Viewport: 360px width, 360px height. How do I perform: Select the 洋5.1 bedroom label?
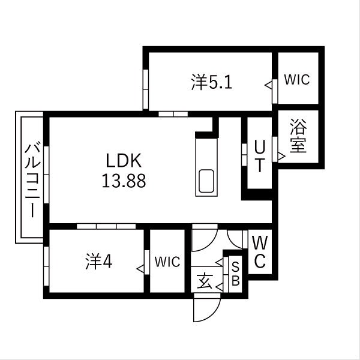pyautogui.click(x=211, y=82)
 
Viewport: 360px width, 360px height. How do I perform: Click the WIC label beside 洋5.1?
pyautogui.click(x=297, y=80)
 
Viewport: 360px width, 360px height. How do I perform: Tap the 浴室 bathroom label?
pyautogui.click(x=298, y=137)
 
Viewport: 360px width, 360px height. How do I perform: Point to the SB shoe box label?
pyautogui.click(x=236, y=274)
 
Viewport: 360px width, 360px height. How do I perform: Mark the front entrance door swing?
pyautogui.click(x=204, y=309)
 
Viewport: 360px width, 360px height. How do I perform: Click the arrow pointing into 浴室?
pyautogui.click(x=281, y=157)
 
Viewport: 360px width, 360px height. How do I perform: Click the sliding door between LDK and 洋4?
pyautogui.click(x=106, y=226)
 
